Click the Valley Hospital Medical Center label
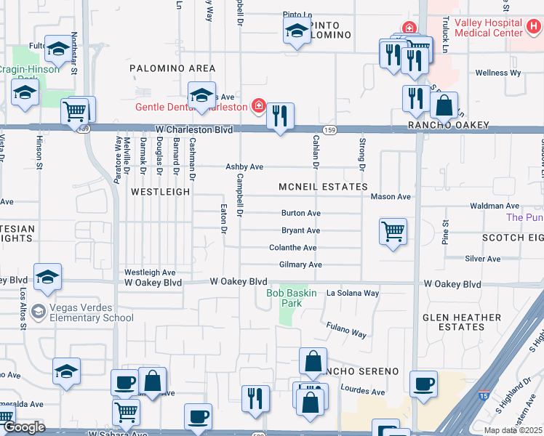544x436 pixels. tap(488, 28)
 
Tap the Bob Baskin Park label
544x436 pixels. tap(294, 298)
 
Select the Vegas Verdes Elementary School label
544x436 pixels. tap(91, 312)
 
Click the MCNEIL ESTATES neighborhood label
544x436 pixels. tap(324, 187)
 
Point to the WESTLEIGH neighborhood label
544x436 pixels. tap(160, 192)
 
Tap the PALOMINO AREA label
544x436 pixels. tap(172, 68)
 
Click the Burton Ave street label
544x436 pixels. tap(301, 214)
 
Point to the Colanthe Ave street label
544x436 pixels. tap(293, 248)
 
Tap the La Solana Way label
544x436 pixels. tap(353, 294)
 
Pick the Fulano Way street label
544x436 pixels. tap(346, 331)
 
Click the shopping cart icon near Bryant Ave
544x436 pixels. tap(393, 232)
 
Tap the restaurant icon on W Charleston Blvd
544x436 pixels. tap(280, 116)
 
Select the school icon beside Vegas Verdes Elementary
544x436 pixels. tap(47, 276)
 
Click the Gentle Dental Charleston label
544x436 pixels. tap(191, 107)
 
